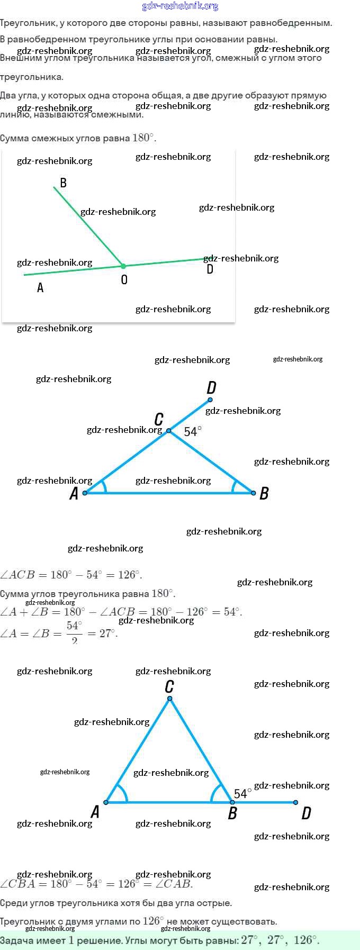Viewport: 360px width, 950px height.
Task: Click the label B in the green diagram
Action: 63,183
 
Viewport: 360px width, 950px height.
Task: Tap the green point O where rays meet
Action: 123,266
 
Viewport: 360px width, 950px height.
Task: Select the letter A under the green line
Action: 40,288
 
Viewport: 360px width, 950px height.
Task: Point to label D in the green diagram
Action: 210,269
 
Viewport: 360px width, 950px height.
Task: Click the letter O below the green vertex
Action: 124,279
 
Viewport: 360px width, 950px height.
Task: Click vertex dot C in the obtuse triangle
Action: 169,431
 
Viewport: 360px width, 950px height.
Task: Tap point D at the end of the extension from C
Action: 210,400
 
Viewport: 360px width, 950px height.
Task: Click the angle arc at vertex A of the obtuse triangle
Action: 104,487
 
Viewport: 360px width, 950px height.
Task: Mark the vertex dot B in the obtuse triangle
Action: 254,493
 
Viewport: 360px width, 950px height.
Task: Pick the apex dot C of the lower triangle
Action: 169,699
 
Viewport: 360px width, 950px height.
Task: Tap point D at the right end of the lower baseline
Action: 295,802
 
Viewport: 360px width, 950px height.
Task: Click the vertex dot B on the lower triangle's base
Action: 232,802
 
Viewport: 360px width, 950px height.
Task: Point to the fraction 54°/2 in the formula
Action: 75,632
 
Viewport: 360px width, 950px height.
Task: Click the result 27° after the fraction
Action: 108,633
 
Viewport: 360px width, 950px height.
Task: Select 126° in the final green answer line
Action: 305,940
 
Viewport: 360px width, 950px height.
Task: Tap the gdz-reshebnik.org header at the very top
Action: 180,6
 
